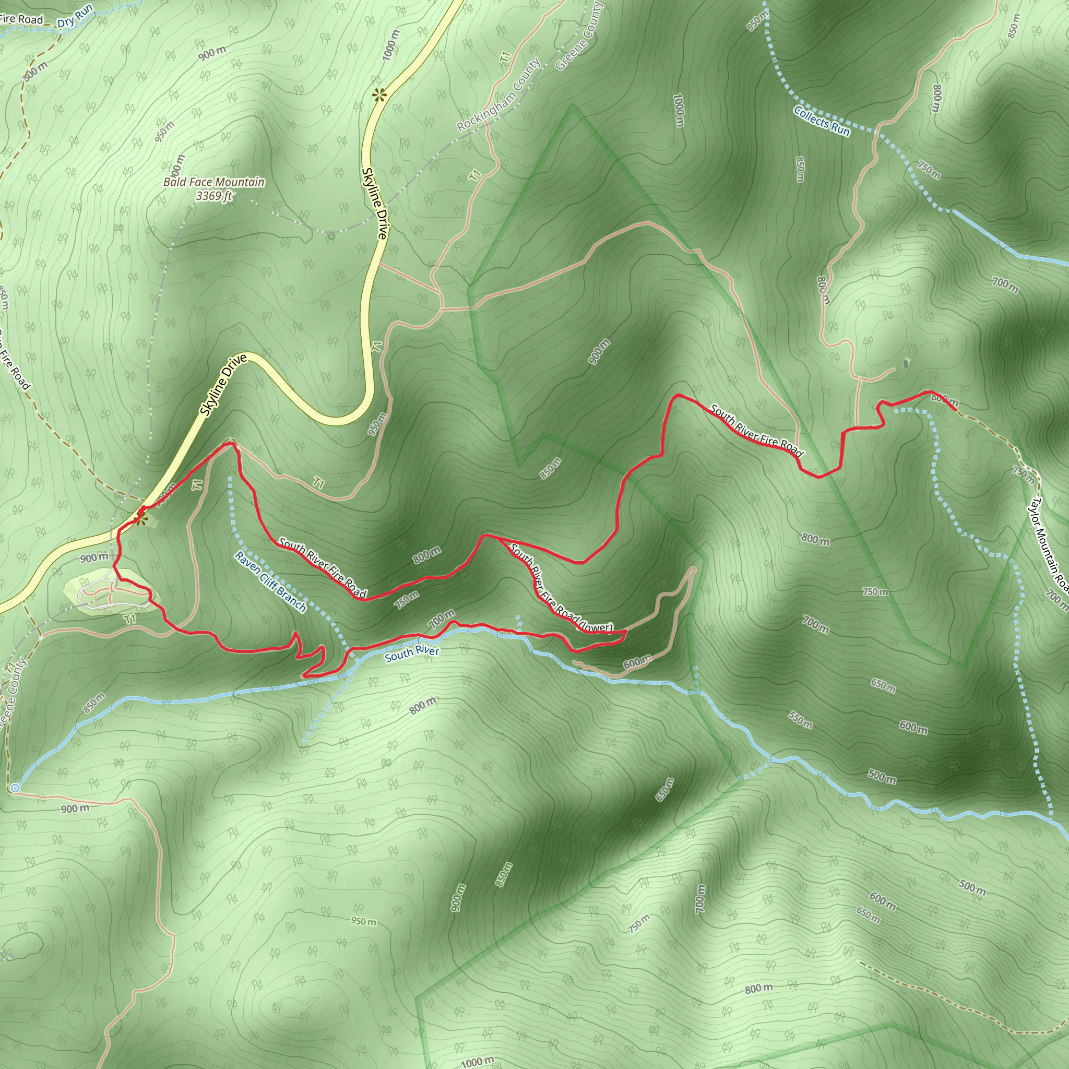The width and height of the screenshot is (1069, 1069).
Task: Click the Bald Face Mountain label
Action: tap(213, 182)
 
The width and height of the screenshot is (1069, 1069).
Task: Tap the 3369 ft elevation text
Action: tap(213, 195)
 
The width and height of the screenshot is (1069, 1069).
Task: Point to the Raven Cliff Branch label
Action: tap(270, 581)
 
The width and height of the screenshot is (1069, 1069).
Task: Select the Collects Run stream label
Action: tap(822, 121)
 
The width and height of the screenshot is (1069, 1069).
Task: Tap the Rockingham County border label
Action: tap(498, 95)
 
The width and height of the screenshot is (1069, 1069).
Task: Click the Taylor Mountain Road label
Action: tap(1048, 543)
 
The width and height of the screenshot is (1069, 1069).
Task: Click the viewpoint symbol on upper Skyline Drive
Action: tap(379, 96)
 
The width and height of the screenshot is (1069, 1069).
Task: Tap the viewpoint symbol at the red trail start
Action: tap(141, 519)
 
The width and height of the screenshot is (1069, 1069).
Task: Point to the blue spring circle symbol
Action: tap(15, 788)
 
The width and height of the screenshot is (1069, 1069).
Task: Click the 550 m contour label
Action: tap(800, 720)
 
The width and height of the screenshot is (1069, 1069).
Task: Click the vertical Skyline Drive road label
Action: tap(374, 203)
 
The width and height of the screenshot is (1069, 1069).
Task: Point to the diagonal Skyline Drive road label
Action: tap(223, 386)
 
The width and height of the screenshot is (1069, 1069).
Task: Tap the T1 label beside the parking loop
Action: tap(130, 619)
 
